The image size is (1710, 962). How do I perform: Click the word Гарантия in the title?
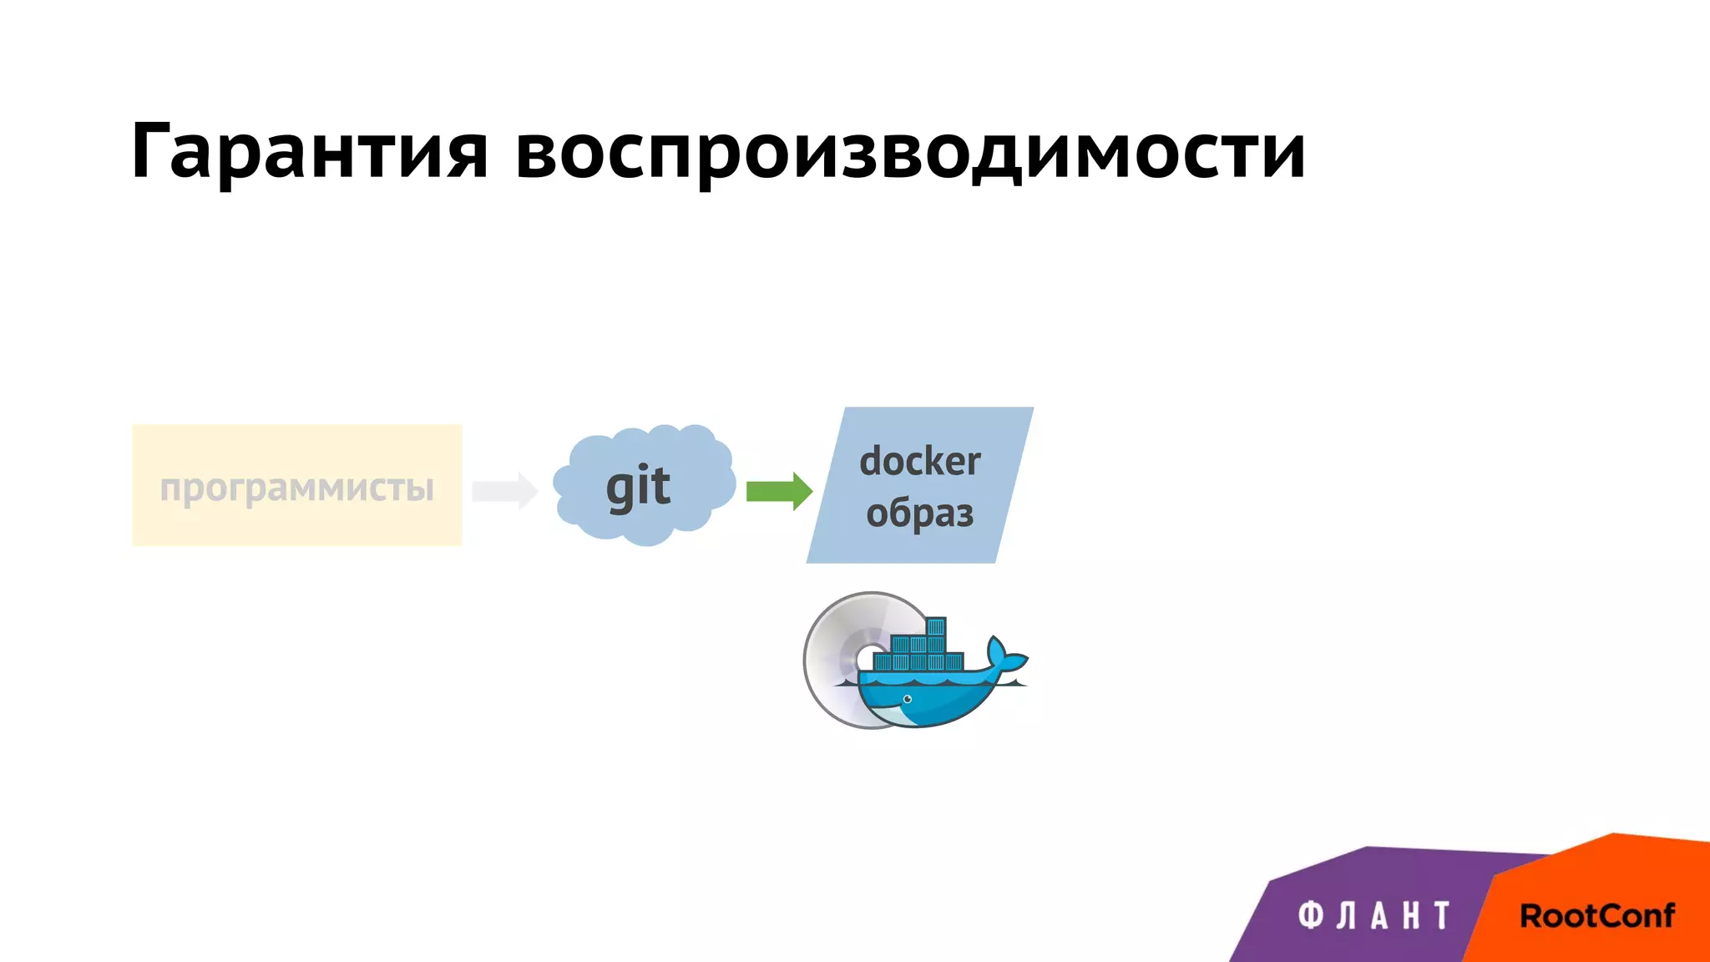[x=309, y=152]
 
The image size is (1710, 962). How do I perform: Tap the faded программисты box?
[x=296, y=486]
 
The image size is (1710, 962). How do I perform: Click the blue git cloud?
[x=643, y=484]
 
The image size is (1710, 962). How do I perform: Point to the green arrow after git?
[x=778, y=491]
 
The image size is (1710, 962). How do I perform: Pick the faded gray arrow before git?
[x=504, y=491]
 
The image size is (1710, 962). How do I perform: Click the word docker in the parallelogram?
[x=920, y=462]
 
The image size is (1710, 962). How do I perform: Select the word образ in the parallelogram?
[x=919, y=514]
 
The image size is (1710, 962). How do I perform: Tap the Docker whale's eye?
[x=907, y=699]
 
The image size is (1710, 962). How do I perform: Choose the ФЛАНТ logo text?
[x=1374, y=916]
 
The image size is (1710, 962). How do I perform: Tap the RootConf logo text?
[x=1596, y=916]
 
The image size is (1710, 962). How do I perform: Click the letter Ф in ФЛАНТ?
[x=1310, y=916]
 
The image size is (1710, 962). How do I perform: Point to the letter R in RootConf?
[x=1531, y=916]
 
